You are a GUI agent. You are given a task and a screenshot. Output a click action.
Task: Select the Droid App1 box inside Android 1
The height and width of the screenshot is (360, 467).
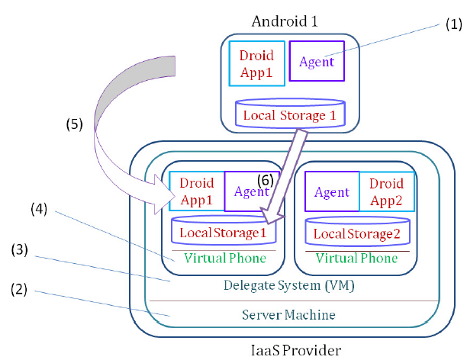point(256,61)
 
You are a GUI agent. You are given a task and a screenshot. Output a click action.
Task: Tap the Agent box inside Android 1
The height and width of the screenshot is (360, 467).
point(316,62)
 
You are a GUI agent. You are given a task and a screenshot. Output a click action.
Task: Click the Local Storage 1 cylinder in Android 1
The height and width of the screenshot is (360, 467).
point(289,115)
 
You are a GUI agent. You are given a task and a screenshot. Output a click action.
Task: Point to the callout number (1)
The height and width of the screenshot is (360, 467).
point(454,24)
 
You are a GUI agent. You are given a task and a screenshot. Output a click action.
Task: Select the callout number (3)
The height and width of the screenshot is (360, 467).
point(21,249)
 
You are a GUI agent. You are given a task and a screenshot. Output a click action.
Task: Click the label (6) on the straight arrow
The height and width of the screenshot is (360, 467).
point(266,180)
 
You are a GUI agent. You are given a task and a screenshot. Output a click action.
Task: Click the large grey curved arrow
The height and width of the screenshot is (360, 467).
point(114,99)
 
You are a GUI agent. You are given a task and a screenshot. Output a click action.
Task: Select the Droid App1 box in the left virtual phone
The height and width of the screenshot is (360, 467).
point(196,192)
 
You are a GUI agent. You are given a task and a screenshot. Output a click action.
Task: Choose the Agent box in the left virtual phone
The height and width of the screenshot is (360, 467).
point(252,192)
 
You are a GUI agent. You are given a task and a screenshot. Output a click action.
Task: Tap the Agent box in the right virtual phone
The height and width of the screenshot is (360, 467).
point(331,192)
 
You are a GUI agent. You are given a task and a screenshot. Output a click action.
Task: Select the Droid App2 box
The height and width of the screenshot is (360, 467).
point(387,192)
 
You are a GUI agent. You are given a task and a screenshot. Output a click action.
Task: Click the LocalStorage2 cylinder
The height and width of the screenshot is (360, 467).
point(358,231)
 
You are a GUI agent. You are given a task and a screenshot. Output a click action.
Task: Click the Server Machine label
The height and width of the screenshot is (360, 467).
point(288,314)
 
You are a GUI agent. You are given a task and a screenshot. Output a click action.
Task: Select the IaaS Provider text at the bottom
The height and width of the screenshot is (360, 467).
point(295,350)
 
